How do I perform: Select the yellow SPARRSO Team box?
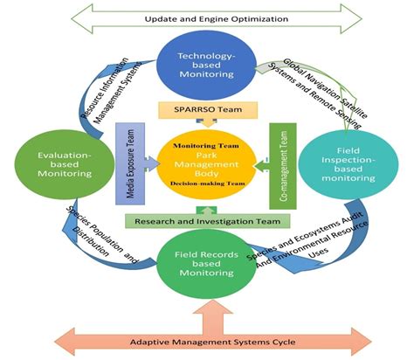point(206,108)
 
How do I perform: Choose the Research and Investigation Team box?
point(206,221)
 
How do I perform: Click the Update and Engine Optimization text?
point(208,17)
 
